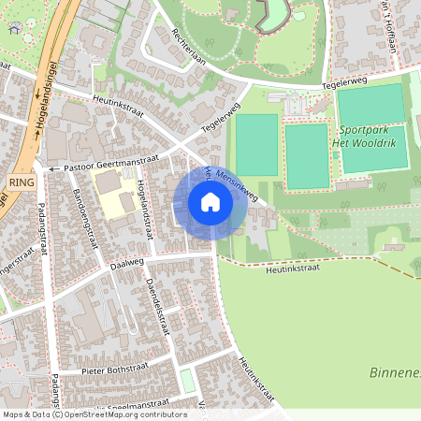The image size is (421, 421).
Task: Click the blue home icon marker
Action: click(210, 202)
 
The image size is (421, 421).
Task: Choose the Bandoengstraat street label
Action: click(85, 217)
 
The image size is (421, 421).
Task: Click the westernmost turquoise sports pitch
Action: click(256, 145)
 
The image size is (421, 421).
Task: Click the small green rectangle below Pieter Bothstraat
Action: click(187, 381)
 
